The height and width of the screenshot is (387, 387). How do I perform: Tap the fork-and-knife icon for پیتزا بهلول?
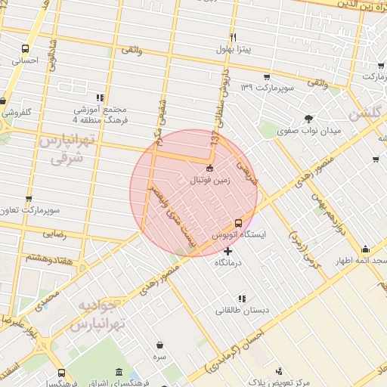click(x=234, y=38)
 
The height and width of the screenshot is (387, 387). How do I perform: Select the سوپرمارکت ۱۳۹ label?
click(x=267, y=88)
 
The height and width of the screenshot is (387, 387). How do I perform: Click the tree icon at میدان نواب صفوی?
click(x=308, y=118)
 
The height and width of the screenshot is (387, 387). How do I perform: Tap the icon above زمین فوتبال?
click(x=209, y=168)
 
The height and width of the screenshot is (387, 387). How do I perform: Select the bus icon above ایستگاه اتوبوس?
click(x=239, y=223)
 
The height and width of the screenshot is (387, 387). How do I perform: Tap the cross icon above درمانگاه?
click(x=228, y=250)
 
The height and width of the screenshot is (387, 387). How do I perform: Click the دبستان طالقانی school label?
click(x=241, y=310)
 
